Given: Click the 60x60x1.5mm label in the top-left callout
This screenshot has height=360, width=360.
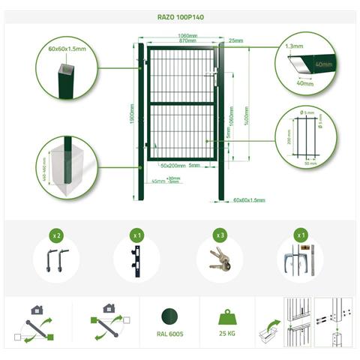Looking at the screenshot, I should (x=67, y=48).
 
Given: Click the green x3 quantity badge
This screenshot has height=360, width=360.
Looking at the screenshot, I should (x=220, y=235).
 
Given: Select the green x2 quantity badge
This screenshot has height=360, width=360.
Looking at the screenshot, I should (x=56, y=235).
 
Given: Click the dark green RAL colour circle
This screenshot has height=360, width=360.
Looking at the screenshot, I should (x=171, y=314).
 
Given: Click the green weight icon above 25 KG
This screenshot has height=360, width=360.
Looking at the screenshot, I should (x=228, y=315).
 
